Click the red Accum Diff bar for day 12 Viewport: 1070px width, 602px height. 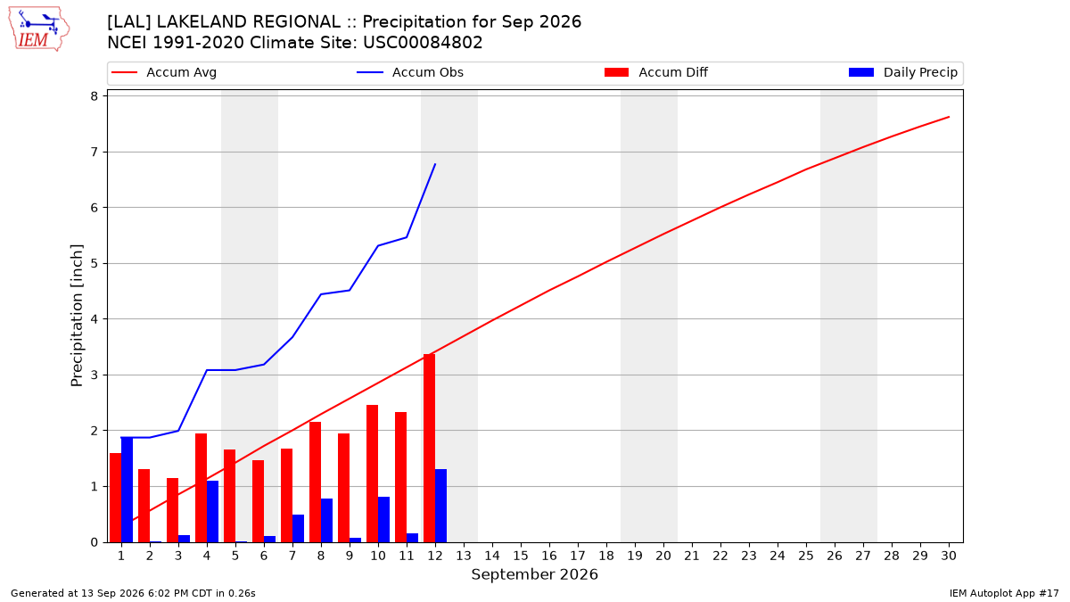[430, 448]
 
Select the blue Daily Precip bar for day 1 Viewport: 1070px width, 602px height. [127, 490]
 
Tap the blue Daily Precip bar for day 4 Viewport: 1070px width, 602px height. [212, 511]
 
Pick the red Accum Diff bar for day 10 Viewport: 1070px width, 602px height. [372, 474]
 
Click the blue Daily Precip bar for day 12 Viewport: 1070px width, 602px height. [440, 506]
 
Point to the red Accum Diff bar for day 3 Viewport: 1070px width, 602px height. [172, 510]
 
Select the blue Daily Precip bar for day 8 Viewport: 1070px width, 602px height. [326, 520]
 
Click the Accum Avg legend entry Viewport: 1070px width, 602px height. [164, 72]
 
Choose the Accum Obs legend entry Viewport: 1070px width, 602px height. [410, 72]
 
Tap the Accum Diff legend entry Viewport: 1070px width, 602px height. [656, 72]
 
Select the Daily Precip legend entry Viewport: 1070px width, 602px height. [902, 72]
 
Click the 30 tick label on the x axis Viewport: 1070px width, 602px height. [949, 556]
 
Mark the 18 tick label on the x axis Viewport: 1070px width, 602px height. [606, 556]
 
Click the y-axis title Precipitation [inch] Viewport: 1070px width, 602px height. [77, 316]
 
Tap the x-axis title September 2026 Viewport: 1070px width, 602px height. [534, 574]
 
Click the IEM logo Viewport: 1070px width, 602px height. [39, 29]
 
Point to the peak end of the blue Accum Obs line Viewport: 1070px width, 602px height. [435, 164]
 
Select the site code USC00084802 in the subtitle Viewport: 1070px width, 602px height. [423, 43]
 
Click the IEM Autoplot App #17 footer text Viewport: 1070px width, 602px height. [1004, 593]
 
